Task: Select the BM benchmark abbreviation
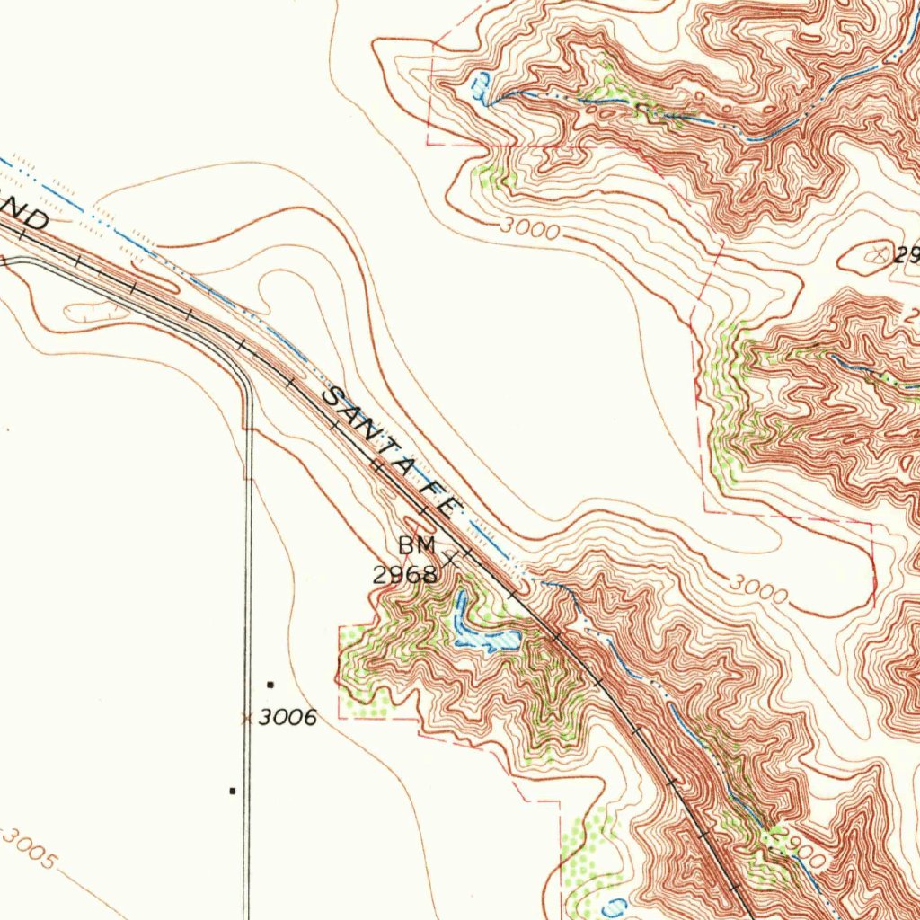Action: pyautogui.click(x=417, y=544)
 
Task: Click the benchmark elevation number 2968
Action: pyautogui.click(x=405, y=575)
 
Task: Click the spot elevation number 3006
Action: pyautogui.click(x=287, y=717)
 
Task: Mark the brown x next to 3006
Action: pyautogui.click(x=245, y=718)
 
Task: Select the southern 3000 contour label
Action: pyautogui.click(x=757, y=589)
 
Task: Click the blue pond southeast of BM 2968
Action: pyautogui.click(x=476, y=629)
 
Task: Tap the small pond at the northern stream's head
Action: pyautogui.click(x=481, y=87)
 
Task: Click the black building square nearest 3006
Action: pyautogui.click(x=270, y=685)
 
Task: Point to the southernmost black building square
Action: pyautogui.click(x=233, y=791)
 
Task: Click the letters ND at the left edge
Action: pyautogui.click(x=25, y=216)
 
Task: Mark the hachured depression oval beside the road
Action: pyautogui.click(x=94, y=311)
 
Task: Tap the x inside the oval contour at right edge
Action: pyautogui.click(x=875, y=255)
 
